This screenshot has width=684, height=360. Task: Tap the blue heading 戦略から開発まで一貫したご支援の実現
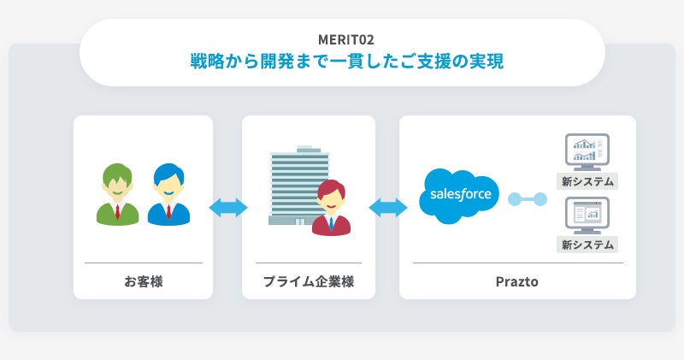coord(342,62)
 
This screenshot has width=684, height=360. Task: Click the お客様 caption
coord(143,280)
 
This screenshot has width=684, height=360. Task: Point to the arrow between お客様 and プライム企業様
coord(227,207)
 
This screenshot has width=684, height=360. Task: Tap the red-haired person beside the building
coord(332,209)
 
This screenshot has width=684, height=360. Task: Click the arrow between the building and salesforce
coord(387,207)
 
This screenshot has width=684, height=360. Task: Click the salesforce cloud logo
coord(460,195)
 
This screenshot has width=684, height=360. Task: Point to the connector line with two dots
coord(527,199)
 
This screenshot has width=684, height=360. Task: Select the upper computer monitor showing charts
coord(587,152)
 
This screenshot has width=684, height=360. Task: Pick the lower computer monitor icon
coord(587,215)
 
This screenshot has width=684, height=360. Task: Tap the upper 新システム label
coord(587,181)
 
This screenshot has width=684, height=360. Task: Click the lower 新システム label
coord(587,245)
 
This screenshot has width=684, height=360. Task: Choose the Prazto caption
coord(517,280)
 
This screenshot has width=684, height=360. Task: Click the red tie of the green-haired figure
coord(117,212)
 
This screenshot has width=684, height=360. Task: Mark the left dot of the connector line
coord(513,199)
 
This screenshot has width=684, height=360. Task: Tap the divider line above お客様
coord(143,263)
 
